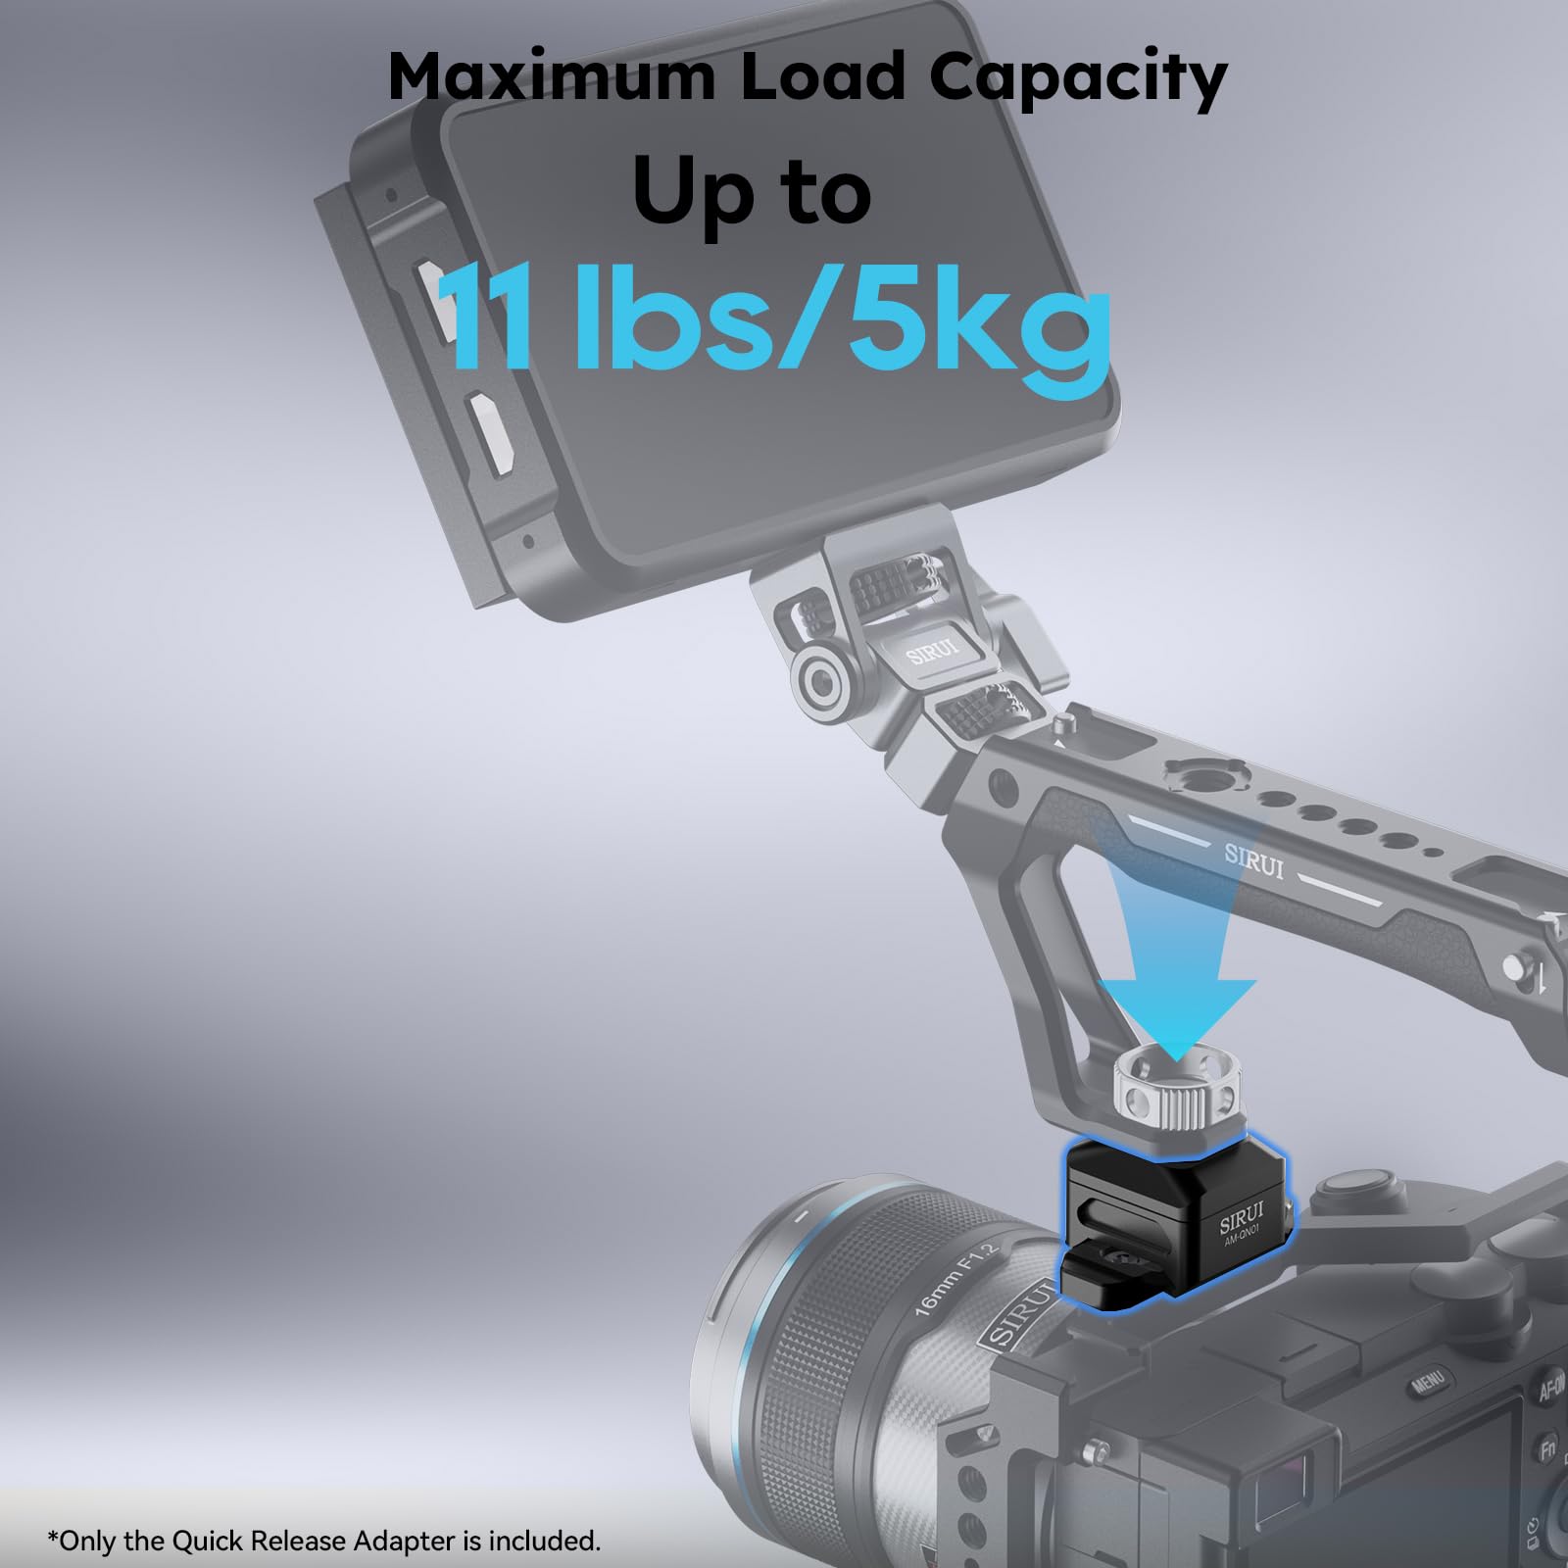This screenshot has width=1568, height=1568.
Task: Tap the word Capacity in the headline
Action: [x=1078, y=78]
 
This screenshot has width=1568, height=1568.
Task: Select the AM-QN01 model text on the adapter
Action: [x=1246, y=1242]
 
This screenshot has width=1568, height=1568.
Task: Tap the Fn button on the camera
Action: [x=1546, y=1449]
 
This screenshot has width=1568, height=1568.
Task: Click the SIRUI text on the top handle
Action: [x=1253, y=862]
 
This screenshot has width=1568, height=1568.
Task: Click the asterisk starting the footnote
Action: [x=52, y=1536]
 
